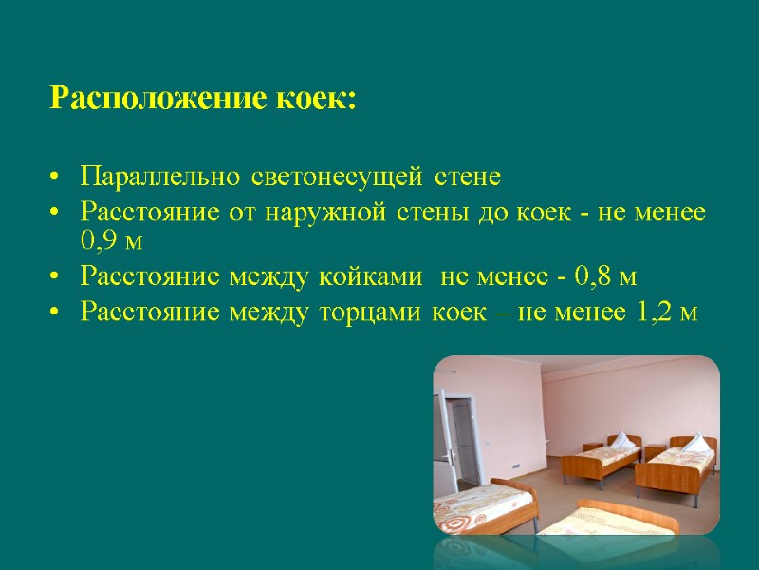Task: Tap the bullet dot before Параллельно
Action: [56, 179]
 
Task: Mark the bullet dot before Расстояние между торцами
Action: [56, 312]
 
